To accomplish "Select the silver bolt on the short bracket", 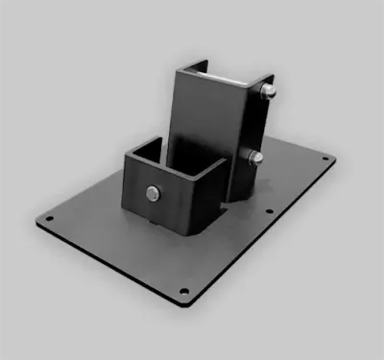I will click(154, 195).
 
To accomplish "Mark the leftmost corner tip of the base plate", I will click(35, 220).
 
